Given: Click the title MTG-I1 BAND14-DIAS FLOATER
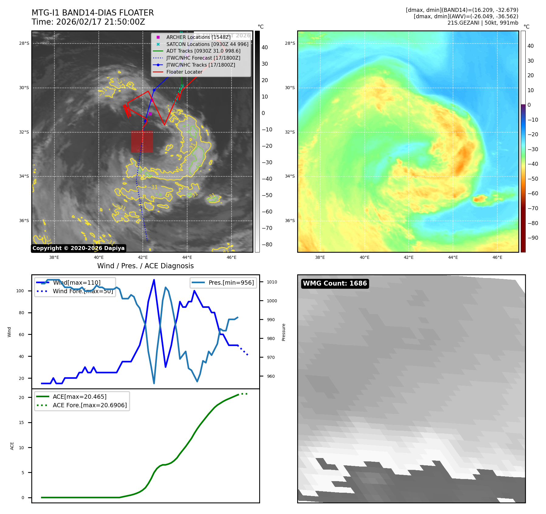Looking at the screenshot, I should [x=93, y=13].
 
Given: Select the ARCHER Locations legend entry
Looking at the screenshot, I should [x=198, y=37].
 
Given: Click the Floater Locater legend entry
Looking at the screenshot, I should [x=184, y=72].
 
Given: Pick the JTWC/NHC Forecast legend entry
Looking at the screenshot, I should [x=203, y=58].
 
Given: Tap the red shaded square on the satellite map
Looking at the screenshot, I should [x=142, y=141].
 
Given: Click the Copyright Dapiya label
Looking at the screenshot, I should [x=78, y=248].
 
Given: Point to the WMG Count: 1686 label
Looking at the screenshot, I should [x=335, y=283].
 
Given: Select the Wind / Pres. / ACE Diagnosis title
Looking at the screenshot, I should [x=145, y=266].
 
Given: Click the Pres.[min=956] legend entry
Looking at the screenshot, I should [x=231, y=283].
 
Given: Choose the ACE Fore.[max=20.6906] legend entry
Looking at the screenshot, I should [x=90, y=405].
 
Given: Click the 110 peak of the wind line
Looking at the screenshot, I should [x=154, y=280].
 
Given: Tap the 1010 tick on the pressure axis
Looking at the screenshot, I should [x=272, y=282].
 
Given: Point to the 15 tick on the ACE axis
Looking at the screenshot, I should [x=21, y=422].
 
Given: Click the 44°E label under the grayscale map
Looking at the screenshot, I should [x=187, y=257].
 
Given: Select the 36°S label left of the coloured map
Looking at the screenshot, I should [x=290, y=221].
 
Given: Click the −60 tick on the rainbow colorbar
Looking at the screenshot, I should [x=533, y=193].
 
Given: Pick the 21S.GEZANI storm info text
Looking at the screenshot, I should [x=482, y=23].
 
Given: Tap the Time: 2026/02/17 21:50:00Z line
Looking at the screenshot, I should [x=88, y=22].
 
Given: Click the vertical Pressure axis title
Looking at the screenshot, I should [x=283, y=332].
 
